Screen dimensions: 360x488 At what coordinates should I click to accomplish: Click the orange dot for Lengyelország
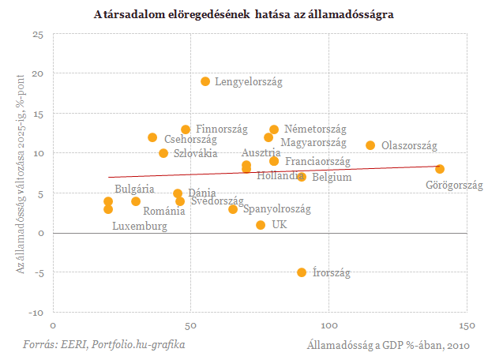(x=205, y=81)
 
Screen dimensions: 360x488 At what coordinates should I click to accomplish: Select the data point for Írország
(x=302, y=272)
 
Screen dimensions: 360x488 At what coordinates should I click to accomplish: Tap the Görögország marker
(x=440, y=169)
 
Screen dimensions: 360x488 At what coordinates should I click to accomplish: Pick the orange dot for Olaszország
(x=370, y=145)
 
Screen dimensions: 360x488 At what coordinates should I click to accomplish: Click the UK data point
(x=261, y=225)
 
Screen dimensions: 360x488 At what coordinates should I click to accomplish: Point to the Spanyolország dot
(x=233, y=209)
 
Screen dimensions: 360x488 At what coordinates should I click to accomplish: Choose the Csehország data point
(x=152, y=137)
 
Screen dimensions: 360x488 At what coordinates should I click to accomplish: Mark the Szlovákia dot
(x=163, y=153)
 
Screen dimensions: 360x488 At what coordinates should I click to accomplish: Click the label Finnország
(x=222, y=129)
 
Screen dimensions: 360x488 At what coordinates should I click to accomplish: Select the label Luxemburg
(x=140, y=227)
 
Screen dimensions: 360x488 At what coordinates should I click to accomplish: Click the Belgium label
(x=332, y=178)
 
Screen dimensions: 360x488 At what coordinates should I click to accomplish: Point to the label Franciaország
(x=317, y=161)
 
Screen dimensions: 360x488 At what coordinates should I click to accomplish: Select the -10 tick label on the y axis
(x=36, y=313)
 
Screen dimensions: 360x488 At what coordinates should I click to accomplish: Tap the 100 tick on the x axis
(x=328, y=326)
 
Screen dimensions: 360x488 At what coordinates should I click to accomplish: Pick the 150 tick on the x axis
(x=467, y=326)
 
